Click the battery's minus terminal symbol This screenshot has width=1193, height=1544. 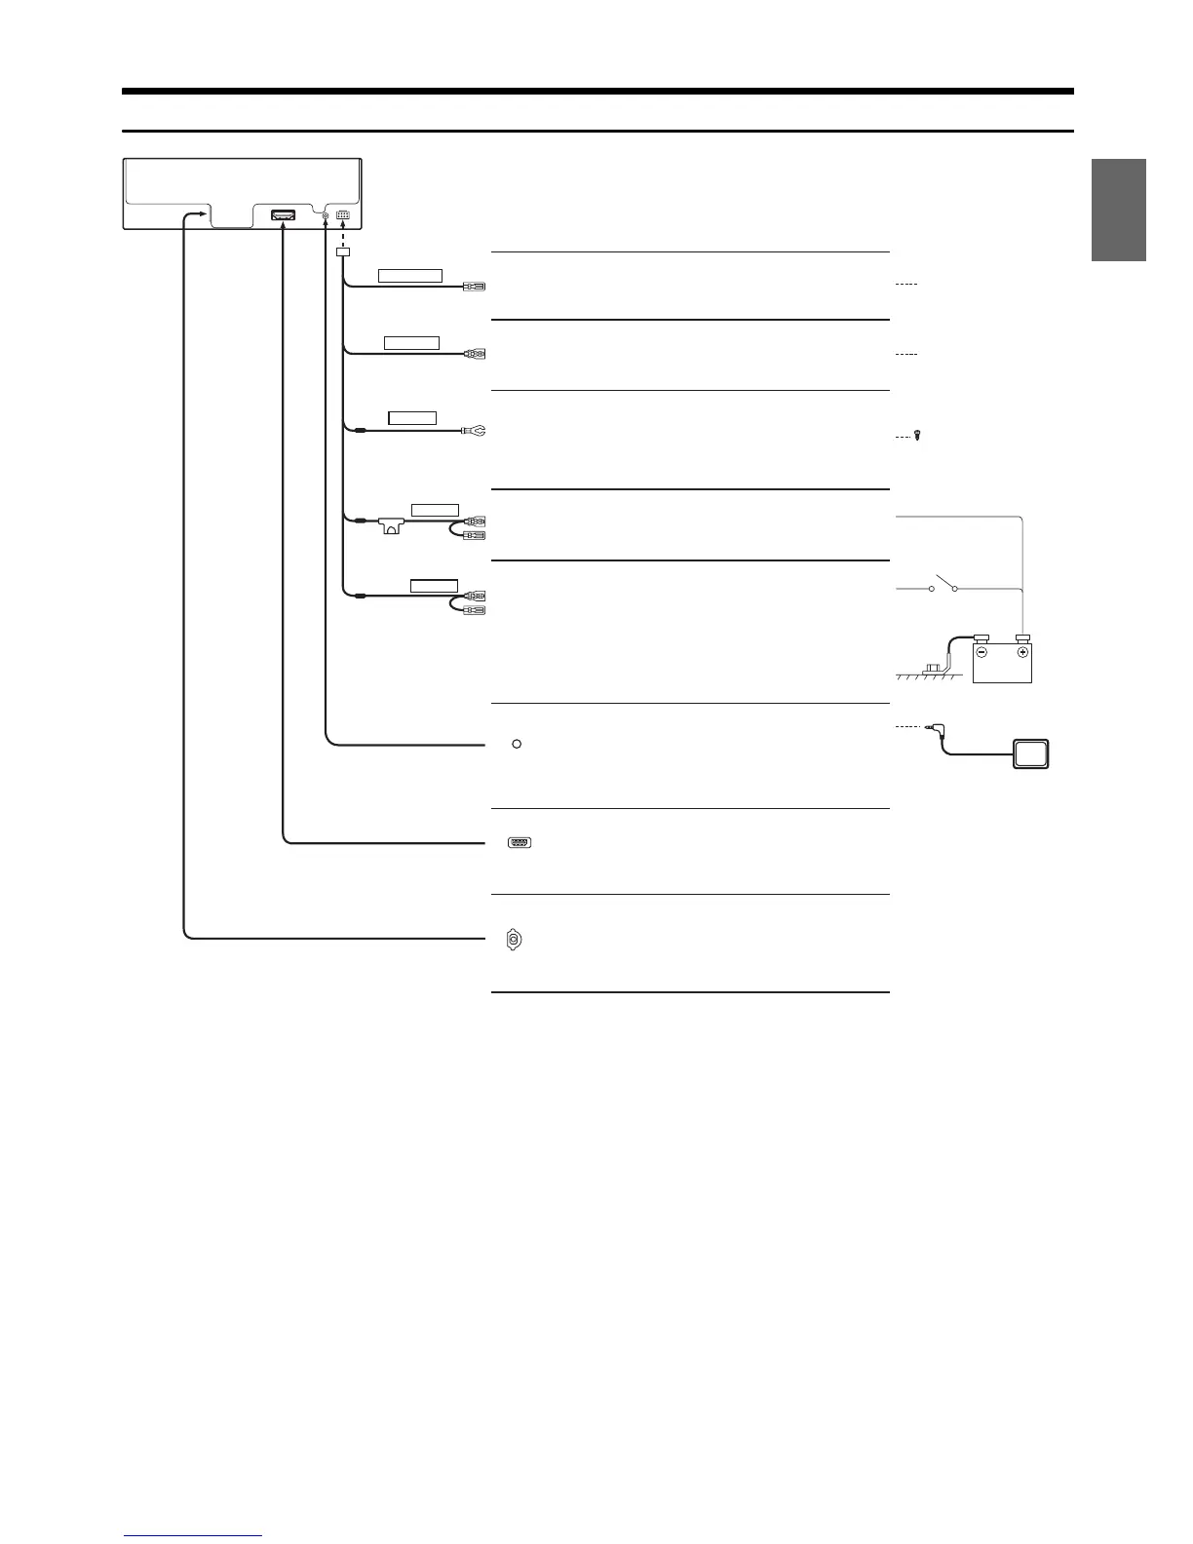click(983, 652)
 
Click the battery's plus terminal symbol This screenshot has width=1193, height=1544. click(1022, 652)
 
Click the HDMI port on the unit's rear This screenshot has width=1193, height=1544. click(283, 214)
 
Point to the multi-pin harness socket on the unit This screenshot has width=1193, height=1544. click(342, 215)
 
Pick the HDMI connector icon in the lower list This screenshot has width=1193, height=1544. click(519, 843)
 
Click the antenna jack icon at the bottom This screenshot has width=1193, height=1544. click(514, 940)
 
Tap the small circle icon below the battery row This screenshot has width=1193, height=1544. click(517, 745)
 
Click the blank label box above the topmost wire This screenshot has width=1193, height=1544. click(410, 275)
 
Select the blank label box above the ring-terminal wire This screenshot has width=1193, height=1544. click(412, 418)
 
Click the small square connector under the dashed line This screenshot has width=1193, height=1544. click(342, 252)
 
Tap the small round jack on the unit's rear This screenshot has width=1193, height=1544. click(325, 215)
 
